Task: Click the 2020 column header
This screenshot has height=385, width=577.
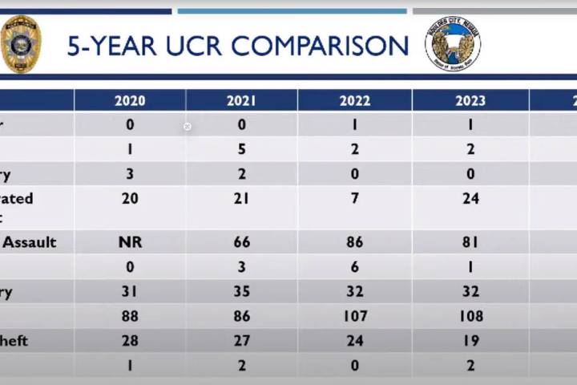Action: coord(130,100)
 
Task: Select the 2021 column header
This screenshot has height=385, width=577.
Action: coord(241,100)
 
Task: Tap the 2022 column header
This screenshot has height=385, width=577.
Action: coord(355,100)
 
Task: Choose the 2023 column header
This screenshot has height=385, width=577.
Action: coord(470,100)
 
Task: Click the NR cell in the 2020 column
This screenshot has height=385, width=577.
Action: coord(130,241)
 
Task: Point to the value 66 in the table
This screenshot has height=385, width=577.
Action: coord(241,241)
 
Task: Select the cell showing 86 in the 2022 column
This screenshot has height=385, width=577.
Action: coord(355,241)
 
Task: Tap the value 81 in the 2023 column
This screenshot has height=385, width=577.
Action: coord(470,241)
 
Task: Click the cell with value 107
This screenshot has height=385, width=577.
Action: coord(355,316)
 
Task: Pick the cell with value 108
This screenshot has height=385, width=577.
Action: coord(470,316)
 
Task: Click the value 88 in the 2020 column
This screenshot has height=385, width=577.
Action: coord(130,316)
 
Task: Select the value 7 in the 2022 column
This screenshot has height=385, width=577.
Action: coord(355,198)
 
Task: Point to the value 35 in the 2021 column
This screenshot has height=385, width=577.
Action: coord(241,291)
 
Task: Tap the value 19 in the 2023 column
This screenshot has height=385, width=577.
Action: coord(470,340)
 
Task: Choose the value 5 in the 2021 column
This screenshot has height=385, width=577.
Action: coord(241,149)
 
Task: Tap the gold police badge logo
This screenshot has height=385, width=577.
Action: coord(21,44)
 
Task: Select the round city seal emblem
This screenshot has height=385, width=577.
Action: coord(453,44)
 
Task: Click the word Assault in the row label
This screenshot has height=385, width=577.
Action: coord(30,241)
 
